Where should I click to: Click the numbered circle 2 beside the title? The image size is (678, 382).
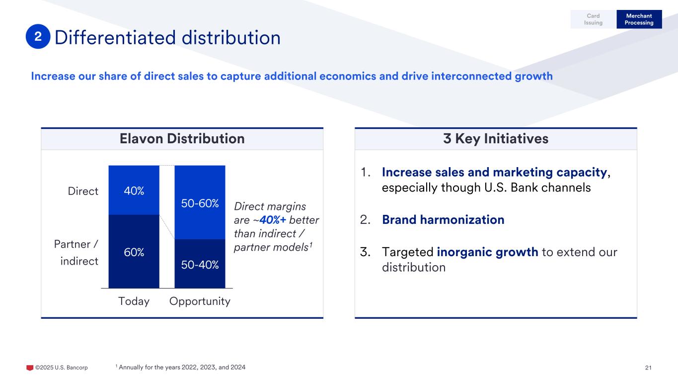tap(38, 38)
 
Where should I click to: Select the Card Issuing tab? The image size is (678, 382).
tap(593, 19)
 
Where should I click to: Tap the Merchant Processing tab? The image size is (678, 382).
tap(639, 19)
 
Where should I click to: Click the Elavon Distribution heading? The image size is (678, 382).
tap(182, 139)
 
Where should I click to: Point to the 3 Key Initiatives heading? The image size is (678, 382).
tap(495, 139)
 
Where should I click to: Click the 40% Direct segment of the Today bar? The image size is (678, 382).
tap(134, 191)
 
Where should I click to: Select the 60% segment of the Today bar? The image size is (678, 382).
tap(134, 252)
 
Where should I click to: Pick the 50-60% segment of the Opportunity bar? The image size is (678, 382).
tap(200, 203)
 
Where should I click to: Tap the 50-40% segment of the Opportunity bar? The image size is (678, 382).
tap(200, 264)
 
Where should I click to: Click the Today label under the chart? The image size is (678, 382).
tap(134, 301)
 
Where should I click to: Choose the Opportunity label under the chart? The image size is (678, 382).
tap(200, 301)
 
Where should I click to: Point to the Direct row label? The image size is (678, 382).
tap(83, 191)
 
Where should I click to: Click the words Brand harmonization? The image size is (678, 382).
tap(443, 219)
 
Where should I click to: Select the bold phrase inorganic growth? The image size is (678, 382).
tap(487, 252)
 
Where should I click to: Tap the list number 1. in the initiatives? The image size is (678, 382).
tap(366, 173)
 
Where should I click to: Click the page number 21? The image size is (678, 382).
tap(648, 368)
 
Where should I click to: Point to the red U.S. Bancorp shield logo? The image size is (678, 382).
tap(29, 368)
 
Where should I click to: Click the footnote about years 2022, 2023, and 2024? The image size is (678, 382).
tap(180, 367)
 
